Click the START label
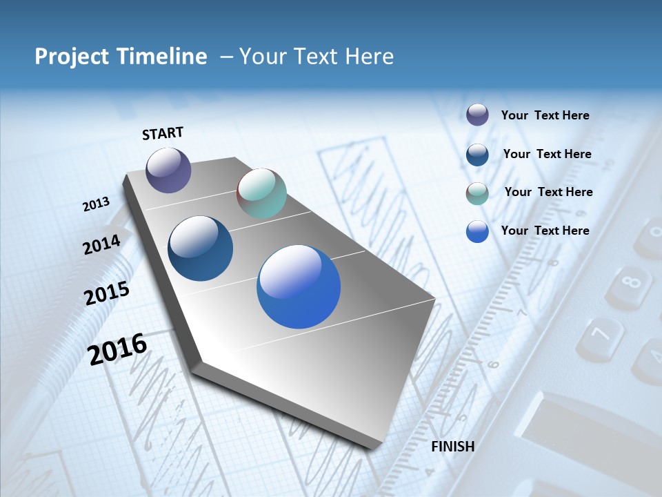(163, 133)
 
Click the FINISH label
(452, 447)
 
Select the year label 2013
(97, 204)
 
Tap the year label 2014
(101, 245)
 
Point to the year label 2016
(117, 349)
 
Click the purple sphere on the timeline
(168, 170)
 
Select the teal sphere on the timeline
(261, 193)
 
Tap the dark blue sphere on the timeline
(200, 248)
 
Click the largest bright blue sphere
(299, 286)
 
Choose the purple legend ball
(477, 115)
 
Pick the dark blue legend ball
(477, 154)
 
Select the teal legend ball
(477, 193)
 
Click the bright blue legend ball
(477, 231)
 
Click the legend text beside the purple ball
(545, 115)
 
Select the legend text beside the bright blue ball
(545, 231)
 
